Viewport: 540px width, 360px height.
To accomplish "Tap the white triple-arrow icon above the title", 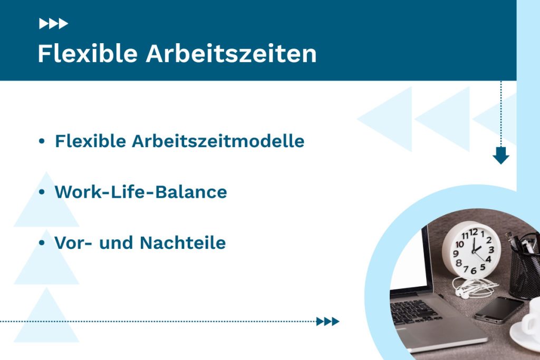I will click(x=53, y=24).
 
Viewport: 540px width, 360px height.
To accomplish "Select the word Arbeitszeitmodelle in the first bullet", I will click(x=218, y=141).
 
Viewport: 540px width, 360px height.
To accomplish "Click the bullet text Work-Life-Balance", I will click(x=141, y=192).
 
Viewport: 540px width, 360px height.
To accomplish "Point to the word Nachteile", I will click(x=182, y=243).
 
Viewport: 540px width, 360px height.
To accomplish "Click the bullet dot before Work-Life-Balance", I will click(x=42, y=192).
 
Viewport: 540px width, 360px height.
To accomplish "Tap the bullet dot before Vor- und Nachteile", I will click(x=42, y=243).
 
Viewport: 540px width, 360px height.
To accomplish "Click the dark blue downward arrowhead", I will click(x=500, y=156).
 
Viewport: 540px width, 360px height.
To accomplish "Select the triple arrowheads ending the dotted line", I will click(x=327, y=322).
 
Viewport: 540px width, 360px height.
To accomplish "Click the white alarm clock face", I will click(x=471, y=250).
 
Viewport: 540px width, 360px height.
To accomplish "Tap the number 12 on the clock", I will click(x=474, y=232).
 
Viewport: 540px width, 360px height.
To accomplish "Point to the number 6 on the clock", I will click(x=472, y=270).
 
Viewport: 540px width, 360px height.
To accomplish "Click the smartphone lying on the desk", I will click(x=498, y=309).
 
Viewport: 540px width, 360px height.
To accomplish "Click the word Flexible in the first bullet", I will click(x=90, y=141).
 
